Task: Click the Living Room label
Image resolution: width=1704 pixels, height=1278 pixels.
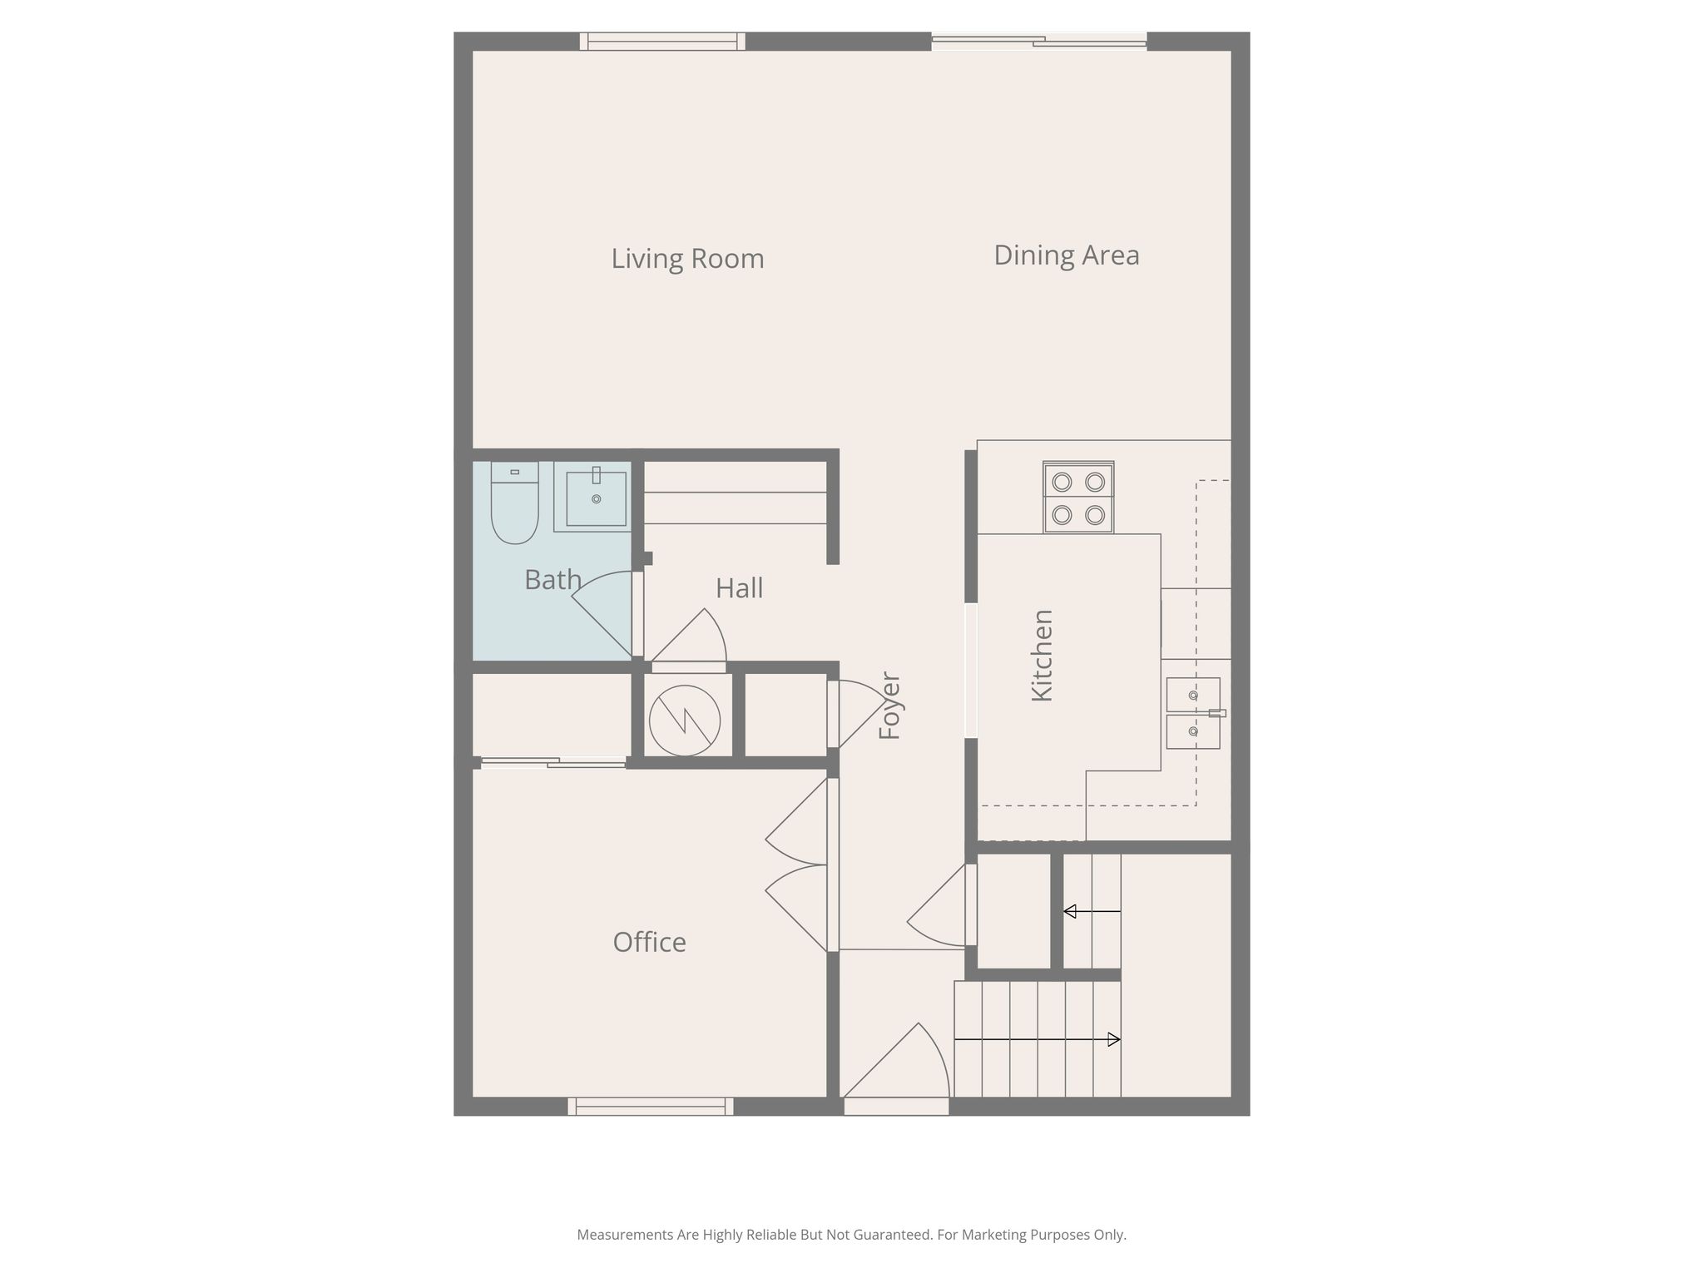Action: click(687, 259)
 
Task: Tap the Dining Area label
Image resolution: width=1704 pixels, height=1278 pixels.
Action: click(1067, 255)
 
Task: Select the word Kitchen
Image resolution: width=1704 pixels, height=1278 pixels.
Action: click(1042, 656)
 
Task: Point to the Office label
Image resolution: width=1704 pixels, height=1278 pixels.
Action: click(649, 942)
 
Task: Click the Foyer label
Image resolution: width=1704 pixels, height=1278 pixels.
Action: click(889, 706)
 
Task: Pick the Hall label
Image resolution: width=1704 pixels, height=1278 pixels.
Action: click(739, 588)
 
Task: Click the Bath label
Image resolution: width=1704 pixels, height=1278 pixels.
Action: click(552, 579)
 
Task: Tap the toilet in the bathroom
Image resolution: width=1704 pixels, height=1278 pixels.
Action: click(515, 503)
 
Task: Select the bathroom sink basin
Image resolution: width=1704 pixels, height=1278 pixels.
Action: click(596, 498)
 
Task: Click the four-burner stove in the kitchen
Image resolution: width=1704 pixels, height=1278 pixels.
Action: click(1078, 498)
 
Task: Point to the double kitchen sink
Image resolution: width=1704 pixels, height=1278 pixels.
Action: click(1193, 713)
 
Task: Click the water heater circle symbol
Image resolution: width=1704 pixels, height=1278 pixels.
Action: click(684, 721)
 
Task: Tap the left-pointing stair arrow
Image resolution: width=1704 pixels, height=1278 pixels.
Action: click(1092, 911)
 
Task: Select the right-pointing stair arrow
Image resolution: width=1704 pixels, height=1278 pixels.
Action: click(1037, 1039)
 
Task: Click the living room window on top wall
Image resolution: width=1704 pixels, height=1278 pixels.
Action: click(662, 42)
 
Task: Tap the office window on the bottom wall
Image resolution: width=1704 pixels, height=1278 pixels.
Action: click(651, 1107)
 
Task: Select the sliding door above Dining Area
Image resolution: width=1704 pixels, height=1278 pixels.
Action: click(1038, 42)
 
